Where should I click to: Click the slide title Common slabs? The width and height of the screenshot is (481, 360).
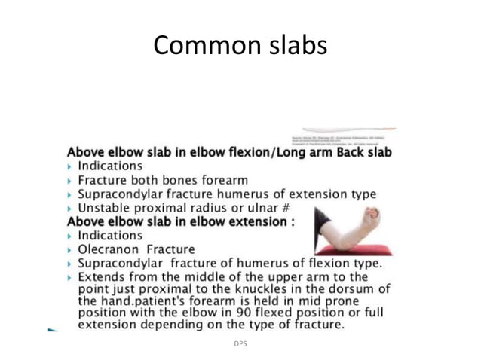240,45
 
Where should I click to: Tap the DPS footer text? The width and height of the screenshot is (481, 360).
240,344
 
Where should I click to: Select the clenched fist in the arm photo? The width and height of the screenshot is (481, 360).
369,217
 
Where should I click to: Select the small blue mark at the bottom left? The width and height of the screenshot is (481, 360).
52,330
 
